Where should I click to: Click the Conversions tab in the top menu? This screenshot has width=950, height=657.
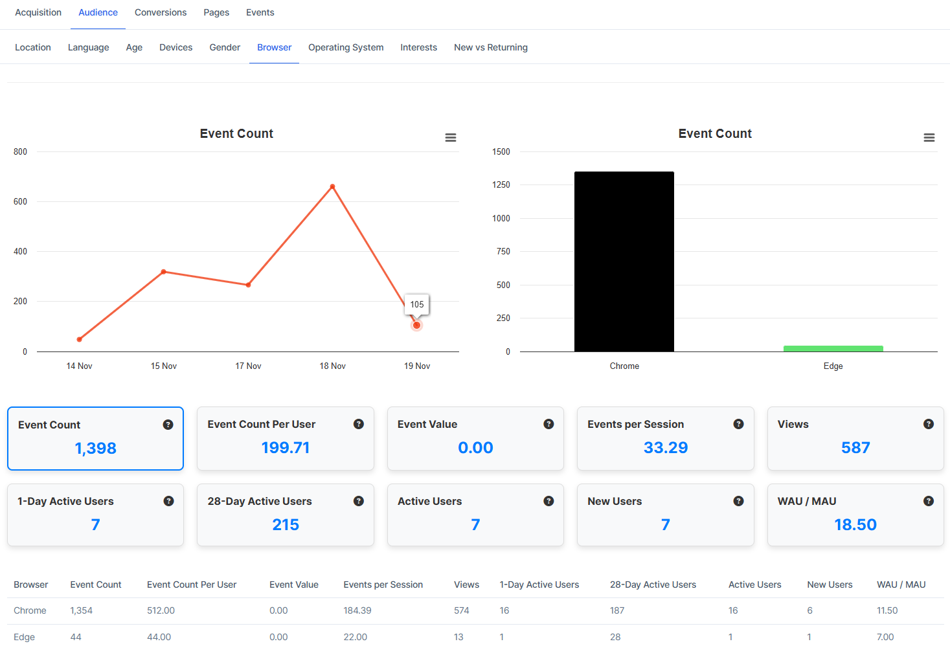[x=161, y=12]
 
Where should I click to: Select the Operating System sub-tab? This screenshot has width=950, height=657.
[x=346, y=47]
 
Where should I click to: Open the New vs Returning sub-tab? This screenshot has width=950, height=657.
[x=490, y=47]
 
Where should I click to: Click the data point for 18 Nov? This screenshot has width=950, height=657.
[x=332, y=186]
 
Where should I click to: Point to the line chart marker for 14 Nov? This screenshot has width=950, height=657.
[x=80, y=339]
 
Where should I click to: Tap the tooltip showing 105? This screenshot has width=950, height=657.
[x=417, y=304]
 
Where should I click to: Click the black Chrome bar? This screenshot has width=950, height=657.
[x=624, y=262]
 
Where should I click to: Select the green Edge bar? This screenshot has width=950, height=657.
[x=833, y=349]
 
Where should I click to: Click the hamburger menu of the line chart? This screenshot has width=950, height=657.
[x=451, y=137]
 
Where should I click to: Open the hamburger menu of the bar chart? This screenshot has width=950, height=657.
[x=929, y=137]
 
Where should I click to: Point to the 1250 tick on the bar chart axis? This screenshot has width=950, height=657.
[x=501, y=185]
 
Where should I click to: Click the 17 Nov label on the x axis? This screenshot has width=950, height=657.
[x=248, y=366]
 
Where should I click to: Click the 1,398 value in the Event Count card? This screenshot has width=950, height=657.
[x=95, y=448]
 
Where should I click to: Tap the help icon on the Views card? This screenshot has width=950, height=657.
[x=928, y=424]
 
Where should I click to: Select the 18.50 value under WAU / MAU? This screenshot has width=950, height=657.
[x=855, y=524]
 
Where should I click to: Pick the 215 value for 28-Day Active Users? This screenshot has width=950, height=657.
[x=286, y=524]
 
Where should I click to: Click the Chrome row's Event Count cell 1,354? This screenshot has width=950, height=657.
[x=82, y=610]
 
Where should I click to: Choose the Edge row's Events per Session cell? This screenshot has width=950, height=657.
[x=355, y=637]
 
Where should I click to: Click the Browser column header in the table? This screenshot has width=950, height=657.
[x=31, y=585]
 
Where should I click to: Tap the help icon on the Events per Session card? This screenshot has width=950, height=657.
[x=738, y=424]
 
